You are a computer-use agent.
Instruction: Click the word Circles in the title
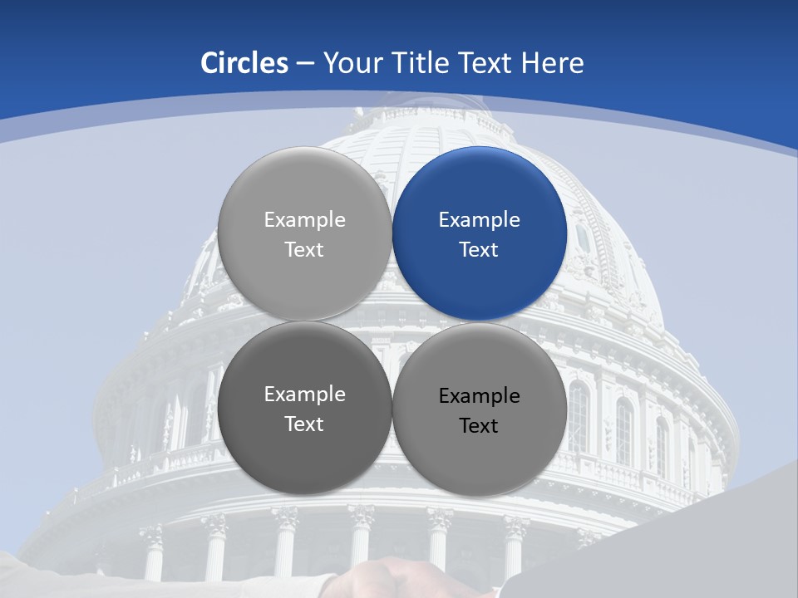point(244,63)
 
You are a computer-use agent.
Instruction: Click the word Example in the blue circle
point(480,220)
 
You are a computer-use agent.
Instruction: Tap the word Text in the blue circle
point(480,250)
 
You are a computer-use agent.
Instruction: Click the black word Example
point(480,396)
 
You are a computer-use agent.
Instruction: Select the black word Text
point(480,426)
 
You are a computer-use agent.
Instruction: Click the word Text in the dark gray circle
point(304,424)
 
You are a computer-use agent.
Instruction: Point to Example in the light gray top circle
point(304,220)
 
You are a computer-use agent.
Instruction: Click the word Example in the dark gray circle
point(304,395)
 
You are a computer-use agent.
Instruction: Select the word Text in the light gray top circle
point(304,250)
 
